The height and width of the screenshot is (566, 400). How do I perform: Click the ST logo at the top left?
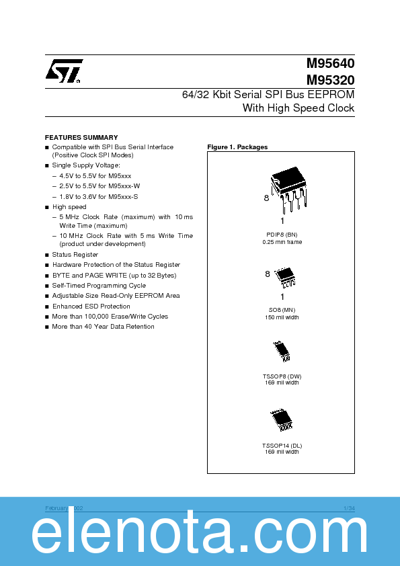click(64, 71)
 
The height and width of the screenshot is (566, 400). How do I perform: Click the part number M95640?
click(331, 64)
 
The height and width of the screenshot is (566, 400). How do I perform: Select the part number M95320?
click(331, 79)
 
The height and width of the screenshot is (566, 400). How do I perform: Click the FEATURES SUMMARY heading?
click(81, 137)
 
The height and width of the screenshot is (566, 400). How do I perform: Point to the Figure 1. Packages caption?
click(237, 147)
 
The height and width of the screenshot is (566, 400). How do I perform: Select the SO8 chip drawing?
click(285, 275)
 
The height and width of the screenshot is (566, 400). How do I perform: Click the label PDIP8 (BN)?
click(282, 235)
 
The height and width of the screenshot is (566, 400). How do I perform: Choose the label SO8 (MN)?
click(282, 311)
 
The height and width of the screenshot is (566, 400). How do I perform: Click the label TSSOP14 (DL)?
click(282, 446)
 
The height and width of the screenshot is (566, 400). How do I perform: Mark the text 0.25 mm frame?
click(282, 242)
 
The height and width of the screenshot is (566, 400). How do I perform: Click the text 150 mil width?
click(282, 317)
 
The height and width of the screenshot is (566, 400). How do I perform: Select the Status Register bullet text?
click(75, 255)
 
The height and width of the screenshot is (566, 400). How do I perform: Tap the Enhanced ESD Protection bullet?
click(91, 306)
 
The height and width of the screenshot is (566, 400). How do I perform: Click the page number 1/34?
click(349, 508)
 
